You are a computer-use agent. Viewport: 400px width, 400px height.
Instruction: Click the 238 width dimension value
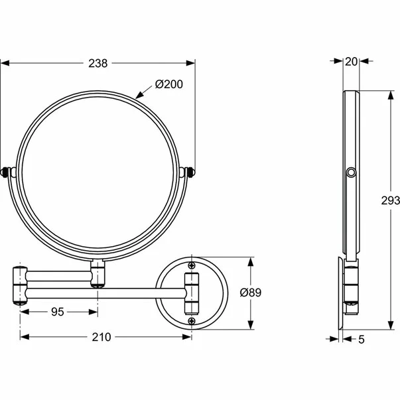(x=98, y=63)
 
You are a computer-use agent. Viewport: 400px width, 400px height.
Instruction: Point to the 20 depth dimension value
(x=352, y=62)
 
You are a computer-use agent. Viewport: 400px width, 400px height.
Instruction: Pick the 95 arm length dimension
(x=58, y=310)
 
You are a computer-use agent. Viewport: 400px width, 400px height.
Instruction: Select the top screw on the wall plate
(x=192, y=265)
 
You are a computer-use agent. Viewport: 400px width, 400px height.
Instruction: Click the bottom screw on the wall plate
(x=192, y=321)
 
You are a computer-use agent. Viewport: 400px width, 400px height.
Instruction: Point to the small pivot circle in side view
(x=350, y=174)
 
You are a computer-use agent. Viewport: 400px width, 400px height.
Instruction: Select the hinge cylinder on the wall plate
(x=192, y=293)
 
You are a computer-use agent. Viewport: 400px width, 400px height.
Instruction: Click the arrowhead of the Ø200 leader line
(x=137, y=97)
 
